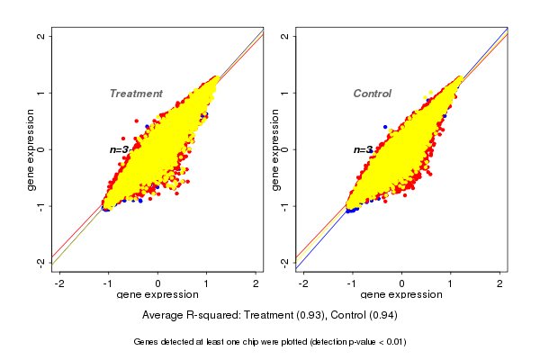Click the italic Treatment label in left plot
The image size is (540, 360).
click(136, 94)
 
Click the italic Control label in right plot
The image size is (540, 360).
click(372, 94)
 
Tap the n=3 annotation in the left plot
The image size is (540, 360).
click(121, 149)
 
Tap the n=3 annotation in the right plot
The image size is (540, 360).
click(364, 149)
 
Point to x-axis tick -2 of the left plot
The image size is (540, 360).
click(59, 283)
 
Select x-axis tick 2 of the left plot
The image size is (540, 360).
click(256, 283)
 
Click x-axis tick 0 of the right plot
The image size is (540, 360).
click(402, 283)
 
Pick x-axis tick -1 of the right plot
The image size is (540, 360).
click(352, 283)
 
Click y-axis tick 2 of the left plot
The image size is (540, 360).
click(42, 36)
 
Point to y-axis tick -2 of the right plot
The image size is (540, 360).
click(285, 262)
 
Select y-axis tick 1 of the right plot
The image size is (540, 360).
click(285, 93)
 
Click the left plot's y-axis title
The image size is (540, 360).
click(31, 149)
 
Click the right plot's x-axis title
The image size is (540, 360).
click(401, 295)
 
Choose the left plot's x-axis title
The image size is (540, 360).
click(158, 295)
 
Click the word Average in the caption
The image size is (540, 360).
click(164, 316)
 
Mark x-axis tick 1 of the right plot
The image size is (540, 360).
click(452, 283)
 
